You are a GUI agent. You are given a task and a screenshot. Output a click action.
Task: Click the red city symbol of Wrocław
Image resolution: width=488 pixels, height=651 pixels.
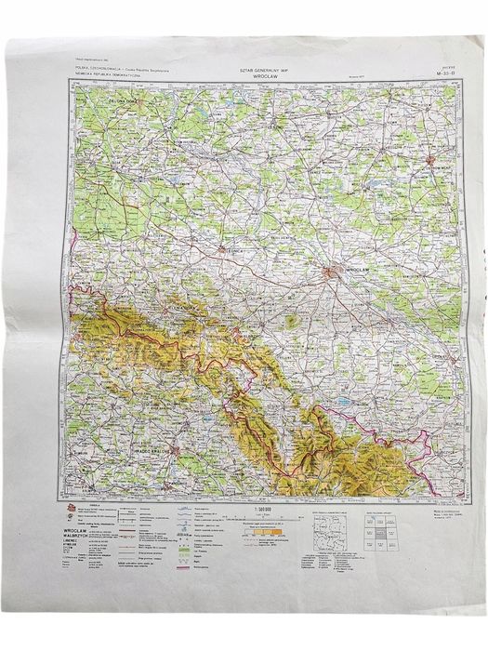point(332,273)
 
